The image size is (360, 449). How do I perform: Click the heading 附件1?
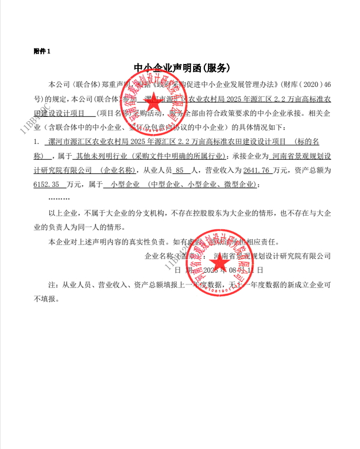tap(42, 52)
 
